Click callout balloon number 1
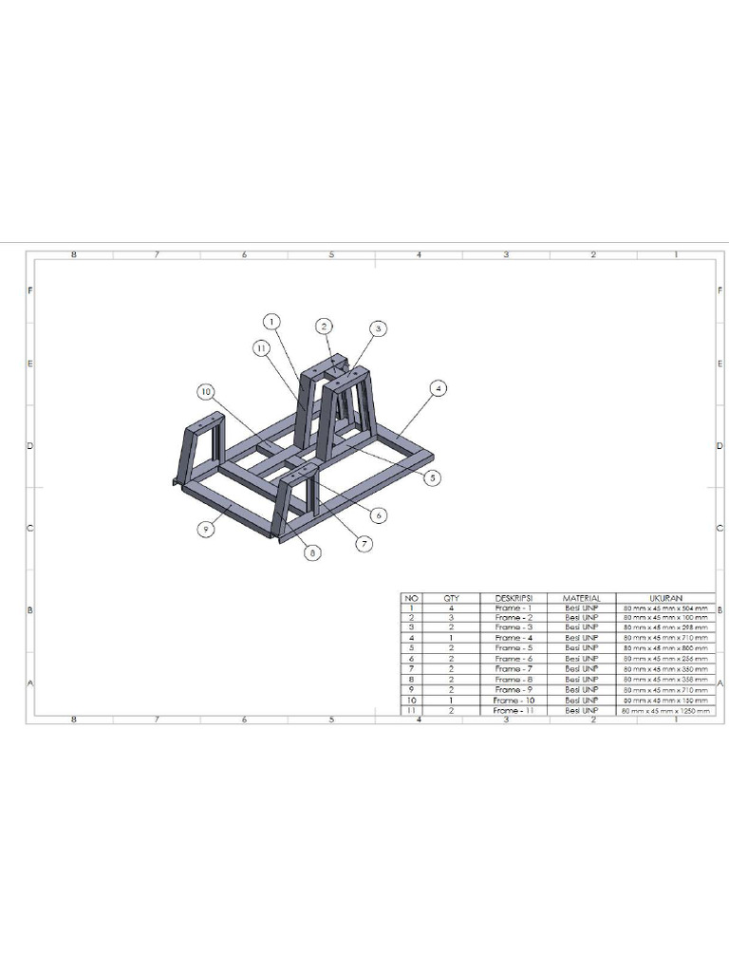tap(271, 322)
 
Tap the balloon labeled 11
tap(260, 348)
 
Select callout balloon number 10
tap(205, 391)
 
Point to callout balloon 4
tap(438, 387)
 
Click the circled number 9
tap(205, 528)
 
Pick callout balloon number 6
tap(379, 514)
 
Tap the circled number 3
tap(378, 328)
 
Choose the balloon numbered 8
tap(312, 551)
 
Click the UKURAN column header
tap(664, 598)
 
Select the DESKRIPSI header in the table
tap(514, 598)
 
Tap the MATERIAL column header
tap(582, 598)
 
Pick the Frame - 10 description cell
tap(514, 701)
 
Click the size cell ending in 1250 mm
tap(664, 710)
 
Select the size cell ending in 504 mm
tap(664, 607)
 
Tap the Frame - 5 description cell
tap(514, 648)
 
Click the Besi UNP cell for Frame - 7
tap(582, 669)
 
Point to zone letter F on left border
tap(30, 290)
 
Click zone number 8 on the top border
tap(74, 254)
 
